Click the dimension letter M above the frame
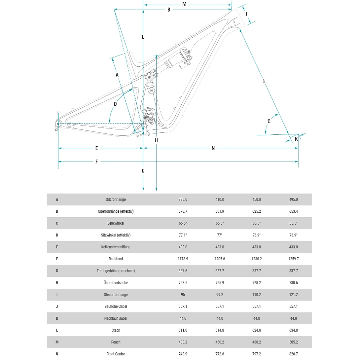184,4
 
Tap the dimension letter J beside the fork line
264,81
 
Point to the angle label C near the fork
269,122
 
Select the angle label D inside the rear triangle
115,104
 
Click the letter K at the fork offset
296,139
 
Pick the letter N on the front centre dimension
213,148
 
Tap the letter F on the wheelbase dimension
96,162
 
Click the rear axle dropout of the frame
58,124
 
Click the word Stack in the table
116,330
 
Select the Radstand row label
116,259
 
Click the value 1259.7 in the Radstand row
293,259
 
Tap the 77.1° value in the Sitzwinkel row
183,235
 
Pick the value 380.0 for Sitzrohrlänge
183,199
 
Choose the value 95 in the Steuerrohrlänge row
183,295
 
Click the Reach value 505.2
293,342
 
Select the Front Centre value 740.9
183,354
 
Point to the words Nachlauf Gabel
116,318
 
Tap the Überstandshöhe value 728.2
257,283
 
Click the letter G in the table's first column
57,271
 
